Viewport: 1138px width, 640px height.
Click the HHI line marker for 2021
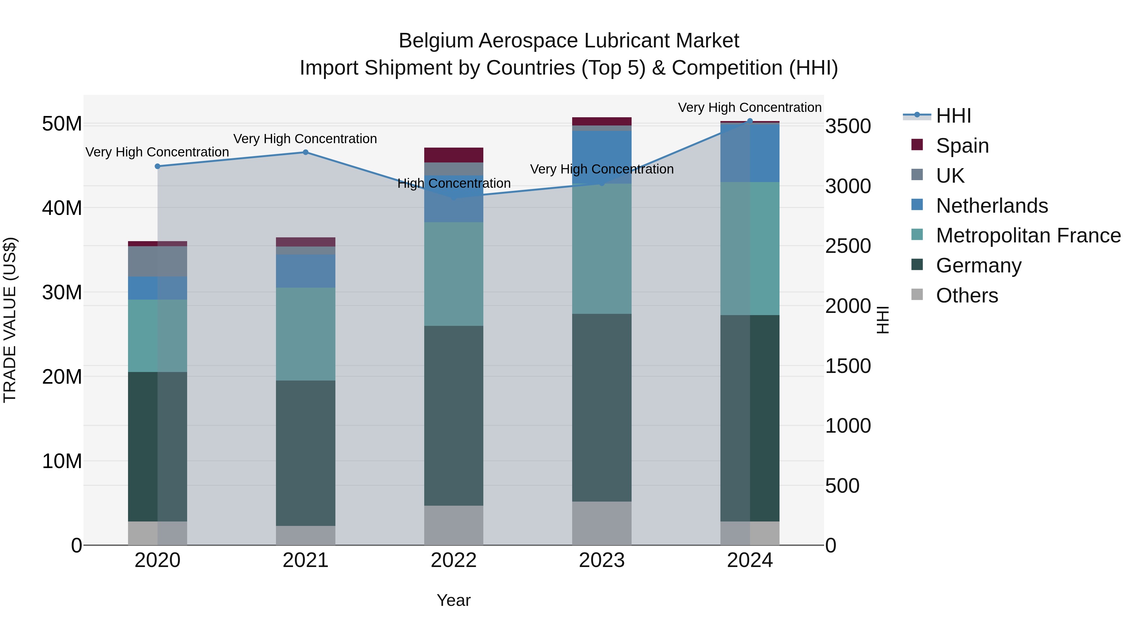305,152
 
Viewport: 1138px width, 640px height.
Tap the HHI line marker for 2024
750,121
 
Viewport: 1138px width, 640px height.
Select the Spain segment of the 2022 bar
454,155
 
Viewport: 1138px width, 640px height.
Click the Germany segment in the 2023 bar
602,407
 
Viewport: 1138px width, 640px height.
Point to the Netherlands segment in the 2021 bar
305,271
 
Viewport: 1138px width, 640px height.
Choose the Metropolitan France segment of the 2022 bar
454,274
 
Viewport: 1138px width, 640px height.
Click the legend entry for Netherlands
991,206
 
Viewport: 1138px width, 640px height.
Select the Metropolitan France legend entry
1028,235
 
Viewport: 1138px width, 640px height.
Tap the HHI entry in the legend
953,116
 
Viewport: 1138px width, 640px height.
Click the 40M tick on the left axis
62,208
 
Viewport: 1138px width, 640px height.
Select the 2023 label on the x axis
602,560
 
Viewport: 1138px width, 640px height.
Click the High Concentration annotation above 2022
454,183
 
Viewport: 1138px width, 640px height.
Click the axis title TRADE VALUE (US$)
10,320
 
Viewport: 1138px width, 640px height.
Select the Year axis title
454,600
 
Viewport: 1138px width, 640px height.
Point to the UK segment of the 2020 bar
157,261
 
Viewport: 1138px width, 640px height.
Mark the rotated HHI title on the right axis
882,320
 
